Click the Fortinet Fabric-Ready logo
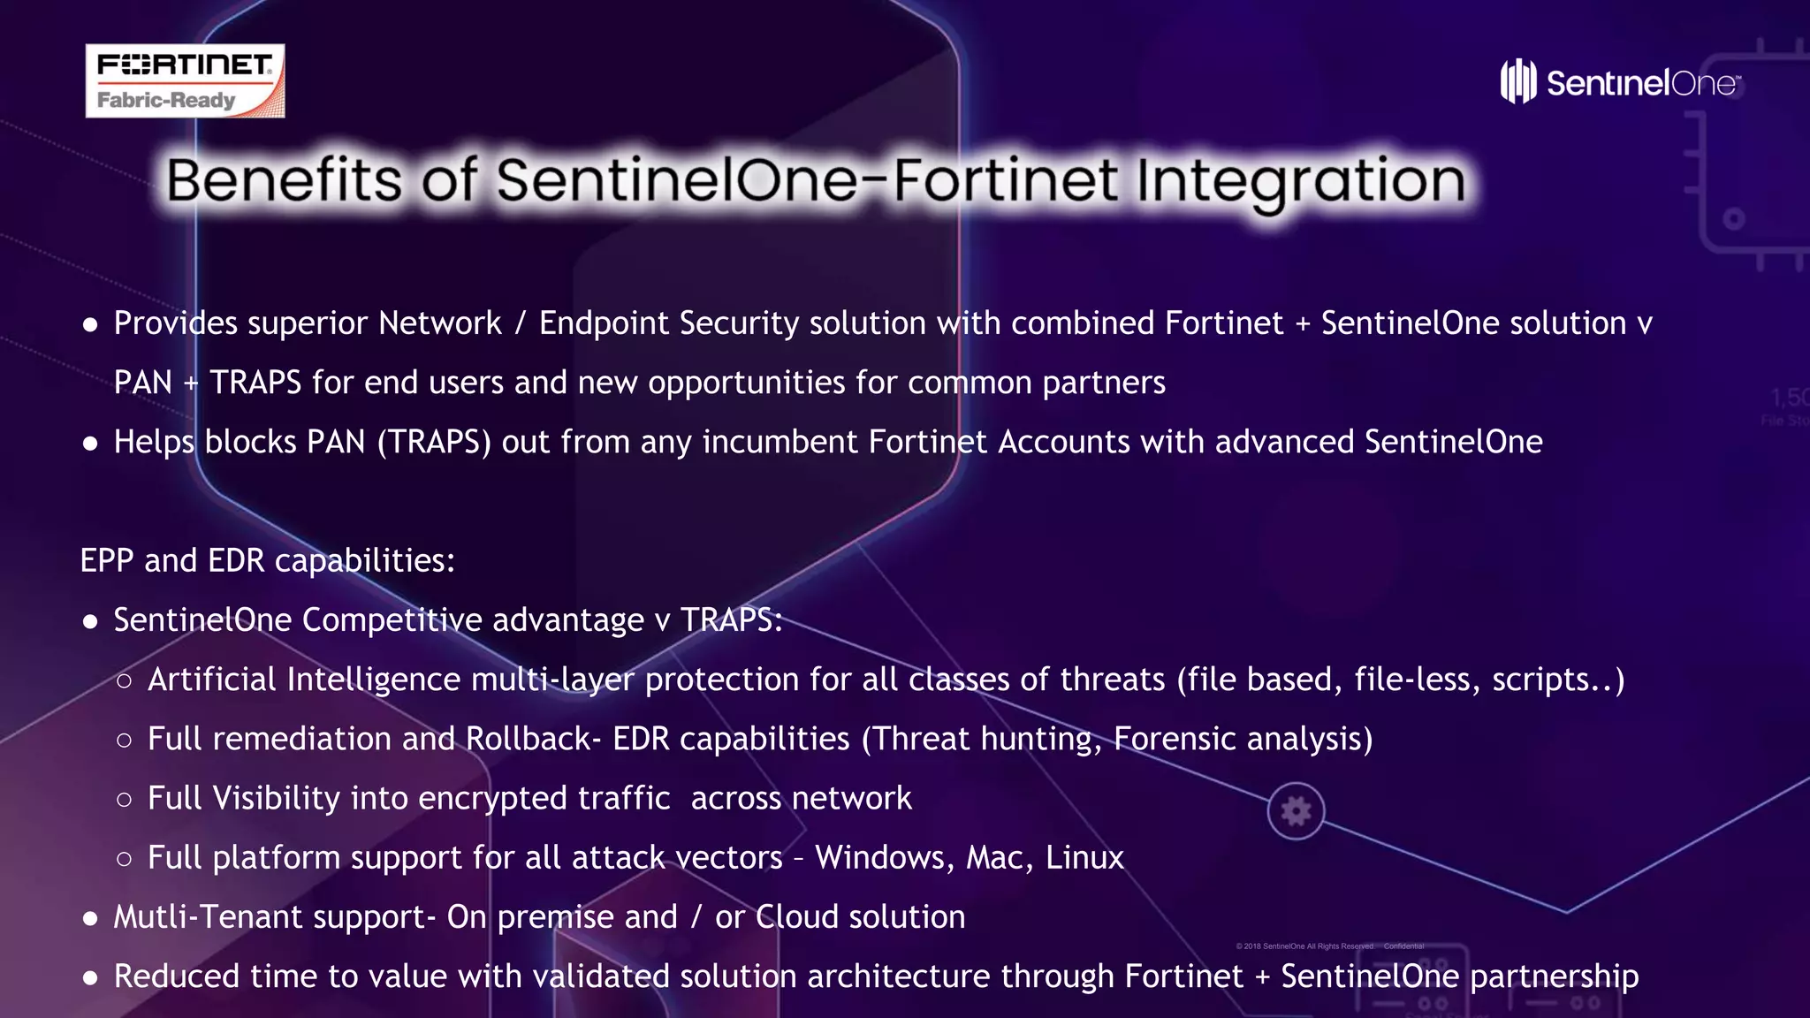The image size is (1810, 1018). [185, 80]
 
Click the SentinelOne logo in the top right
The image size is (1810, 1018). [1620, 82]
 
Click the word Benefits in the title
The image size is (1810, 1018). [284, 180]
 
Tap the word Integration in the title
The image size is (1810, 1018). [1300, 180]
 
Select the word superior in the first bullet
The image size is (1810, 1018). [307, 323]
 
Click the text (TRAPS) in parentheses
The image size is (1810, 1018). [433, 442]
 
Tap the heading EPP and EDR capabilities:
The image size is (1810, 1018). [267, 560]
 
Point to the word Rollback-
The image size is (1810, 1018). [533, 739]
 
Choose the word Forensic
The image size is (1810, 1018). [1174, 739]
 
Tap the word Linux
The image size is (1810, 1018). [1084, 858]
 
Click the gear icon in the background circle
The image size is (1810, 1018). [1296, 810]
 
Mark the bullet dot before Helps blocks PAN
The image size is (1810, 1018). [90, 444]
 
